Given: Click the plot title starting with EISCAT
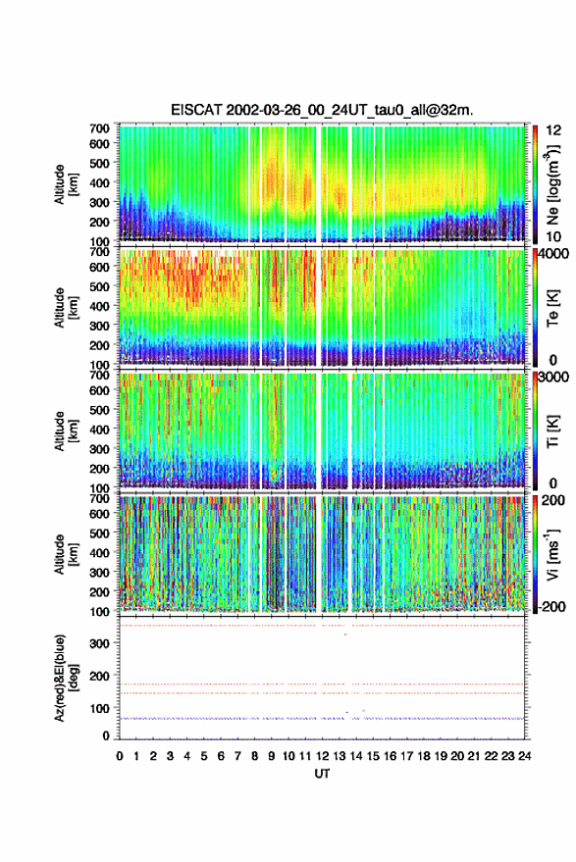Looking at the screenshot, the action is point(322,110).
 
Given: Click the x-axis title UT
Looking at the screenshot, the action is point(322,774).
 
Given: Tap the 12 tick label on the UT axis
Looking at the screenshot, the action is point(323,756).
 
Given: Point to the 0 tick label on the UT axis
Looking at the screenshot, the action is point(120,756).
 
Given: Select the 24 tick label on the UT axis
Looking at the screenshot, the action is point(524,756).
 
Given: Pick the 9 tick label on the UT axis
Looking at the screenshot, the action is point(271,756).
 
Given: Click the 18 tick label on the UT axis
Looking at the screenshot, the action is point(424,756).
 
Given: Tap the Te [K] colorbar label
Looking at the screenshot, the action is point(552,308).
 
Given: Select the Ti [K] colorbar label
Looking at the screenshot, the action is point(552,431).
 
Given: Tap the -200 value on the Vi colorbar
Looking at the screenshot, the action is point(551,606).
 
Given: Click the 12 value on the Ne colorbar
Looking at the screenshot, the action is point(554,130).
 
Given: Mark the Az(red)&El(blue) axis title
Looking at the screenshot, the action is point(66,678).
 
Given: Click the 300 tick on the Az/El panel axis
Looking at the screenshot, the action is point(99,643).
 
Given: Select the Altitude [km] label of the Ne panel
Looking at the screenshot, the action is point(66,184).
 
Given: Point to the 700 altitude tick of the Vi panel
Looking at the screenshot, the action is point(99,498).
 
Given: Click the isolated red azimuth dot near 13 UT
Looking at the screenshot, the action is point(345,634).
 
